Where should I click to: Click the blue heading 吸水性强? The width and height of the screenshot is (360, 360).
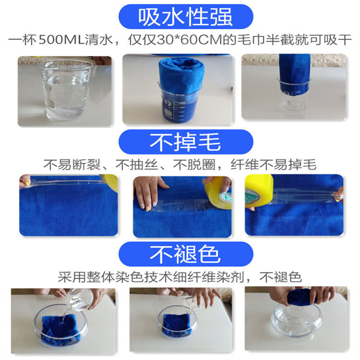point(185,17)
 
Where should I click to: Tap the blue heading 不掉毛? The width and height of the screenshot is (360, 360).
point(185,142)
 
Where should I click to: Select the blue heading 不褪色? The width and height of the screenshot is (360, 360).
point(185,254)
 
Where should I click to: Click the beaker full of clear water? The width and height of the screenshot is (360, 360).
point(66,90)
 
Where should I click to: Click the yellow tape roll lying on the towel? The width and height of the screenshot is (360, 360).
point(218,193)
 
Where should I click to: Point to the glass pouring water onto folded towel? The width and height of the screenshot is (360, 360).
point(80,300)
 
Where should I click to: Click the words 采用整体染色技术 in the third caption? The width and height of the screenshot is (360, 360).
point(115,277)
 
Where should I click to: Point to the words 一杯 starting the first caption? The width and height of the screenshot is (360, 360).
point(23,40)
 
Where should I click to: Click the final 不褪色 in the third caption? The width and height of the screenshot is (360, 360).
point(280,277)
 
